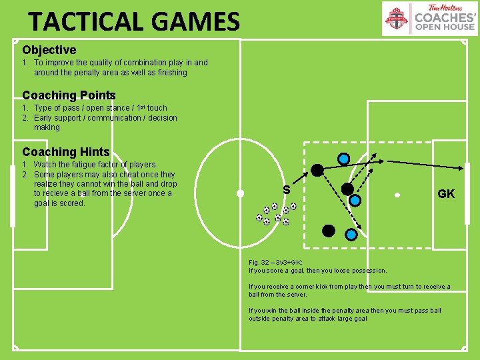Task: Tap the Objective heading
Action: (x=49, y=50)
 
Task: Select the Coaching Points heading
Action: (x=69, y=95)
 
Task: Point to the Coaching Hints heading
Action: (x=65, y=152)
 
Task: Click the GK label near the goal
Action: (x=446, y=194)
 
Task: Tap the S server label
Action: (x=286, y=190)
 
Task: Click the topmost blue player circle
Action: (x=343, y=159)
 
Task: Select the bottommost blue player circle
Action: (x=351, y=234)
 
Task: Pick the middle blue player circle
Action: (x=355, y=199)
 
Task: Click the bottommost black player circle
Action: (x=328, y=231)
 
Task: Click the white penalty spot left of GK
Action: (x=397, y=195)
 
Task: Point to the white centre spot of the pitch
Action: (x=240, y=194)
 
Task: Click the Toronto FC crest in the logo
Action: (x=398, y=18)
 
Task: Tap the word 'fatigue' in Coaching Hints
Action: (x=91, y=165)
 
